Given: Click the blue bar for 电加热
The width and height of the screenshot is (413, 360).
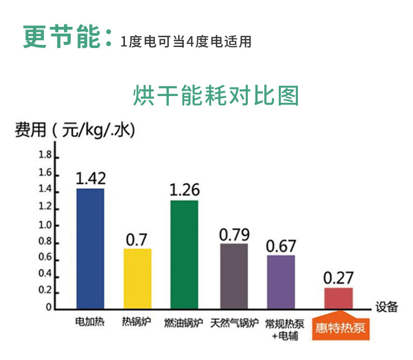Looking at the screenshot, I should [x=90, y=248].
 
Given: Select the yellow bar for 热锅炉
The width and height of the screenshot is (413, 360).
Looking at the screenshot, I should [x=137, y=278].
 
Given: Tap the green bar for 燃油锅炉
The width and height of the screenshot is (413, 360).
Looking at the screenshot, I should [x=184, y=254].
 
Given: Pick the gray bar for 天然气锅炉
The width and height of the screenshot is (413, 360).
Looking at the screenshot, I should [x=234, y=275].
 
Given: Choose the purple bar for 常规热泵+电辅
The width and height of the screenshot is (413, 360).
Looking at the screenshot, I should [x=281, y=281].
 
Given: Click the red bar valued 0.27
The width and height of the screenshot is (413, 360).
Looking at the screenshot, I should [x=338, y=298].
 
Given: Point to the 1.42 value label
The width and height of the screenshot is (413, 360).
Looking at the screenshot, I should [x=91, y=178].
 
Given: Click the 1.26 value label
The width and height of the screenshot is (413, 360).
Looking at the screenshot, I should [x=184, y=190].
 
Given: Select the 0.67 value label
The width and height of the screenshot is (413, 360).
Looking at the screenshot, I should [x=281, y=246].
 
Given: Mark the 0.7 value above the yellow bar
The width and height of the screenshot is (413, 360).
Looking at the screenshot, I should [x=137, y=240].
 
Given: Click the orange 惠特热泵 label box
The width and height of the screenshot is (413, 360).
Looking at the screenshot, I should [x=341, y=326].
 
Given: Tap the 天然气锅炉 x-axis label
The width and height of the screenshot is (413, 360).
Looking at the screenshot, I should [x=234, y=323].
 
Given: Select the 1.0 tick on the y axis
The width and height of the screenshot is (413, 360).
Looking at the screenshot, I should [x=45, y=225].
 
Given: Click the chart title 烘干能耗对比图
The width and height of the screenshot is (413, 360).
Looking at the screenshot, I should [x=216, y=96].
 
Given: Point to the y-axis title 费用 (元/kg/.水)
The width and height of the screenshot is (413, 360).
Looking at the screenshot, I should [x=75, y=130].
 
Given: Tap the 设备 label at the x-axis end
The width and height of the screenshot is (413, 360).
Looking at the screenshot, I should [x=387, y=306].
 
